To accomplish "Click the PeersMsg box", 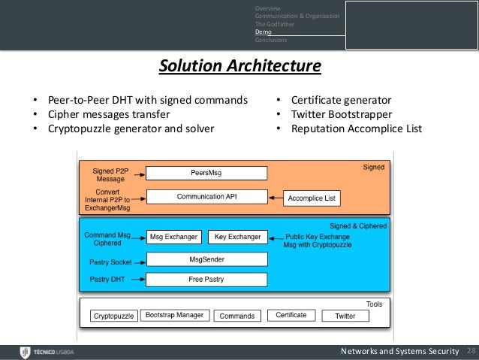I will click(206, 173).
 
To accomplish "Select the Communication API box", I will click(206, 197).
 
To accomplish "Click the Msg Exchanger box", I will click(173, 237).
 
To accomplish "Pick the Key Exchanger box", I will click(236, 237).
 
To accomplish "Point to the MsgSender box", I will click(206, 259).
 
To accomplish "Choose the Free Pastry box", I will click(206, 280).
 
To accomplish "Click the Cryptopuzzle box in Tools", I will click(114, 316).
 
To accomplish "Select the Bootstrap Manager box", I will click(174, 316).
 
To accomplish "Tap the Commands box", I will click(236, 316).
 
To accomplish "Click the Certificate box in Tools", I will click(291, 316).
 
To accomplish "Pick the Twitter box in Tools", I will click(345, 316).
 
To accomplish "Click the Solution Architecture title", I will click(239, 68).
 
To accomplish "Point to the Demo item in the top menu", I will click(263, 32).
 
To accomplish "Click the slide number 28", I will click(471, 352).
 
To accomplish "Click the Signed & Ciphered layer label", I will click(359, 225).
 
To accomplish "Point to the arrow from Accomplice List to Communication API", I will click(276, 198).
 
